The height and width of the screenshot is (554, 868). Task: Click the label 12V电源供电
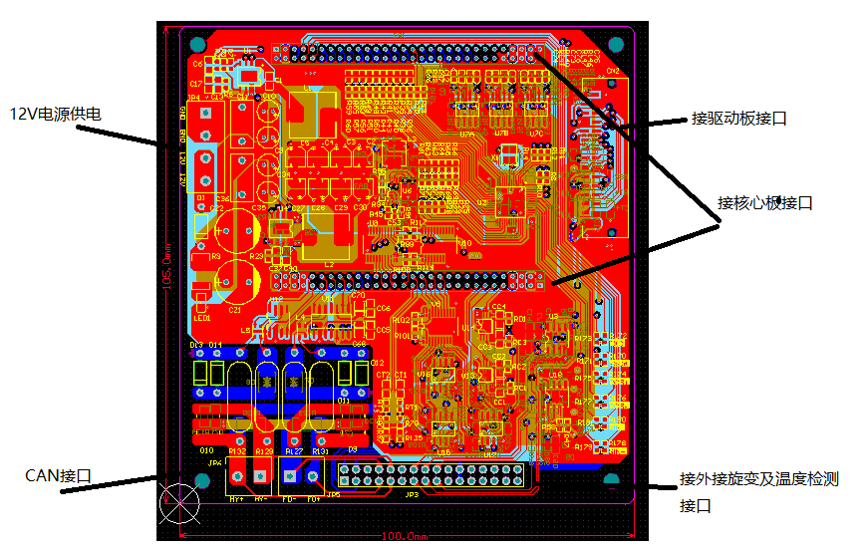pyautogui.click(x=56, y=115)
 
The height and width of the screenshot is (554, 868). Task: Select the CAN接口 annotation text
pyautogui.click(x=59, y=475)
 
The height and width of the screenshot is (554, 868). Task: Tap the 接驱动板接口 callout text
pyautogui.click(x=738, y=119)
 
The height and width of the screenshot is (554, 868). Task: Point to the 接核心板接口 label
pyautogui.click(x=764, y=203)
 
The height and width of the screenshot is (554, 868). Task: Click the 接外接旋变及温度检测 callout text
pyautogui.click(x=758, y=480)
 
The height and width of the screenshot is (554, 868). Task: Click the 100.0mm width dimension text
pyautogui.click(x=404, y=537)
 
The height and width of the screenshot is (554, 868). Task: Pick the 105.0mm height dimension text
pyautogui.click(x=166, y=272)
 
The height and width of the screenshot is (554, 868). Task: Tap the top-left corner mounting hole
pyautogui.click(x=197, y=44)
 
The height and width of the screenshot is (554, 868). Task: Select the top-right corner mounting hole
pyautogui.click(x=616, y=44)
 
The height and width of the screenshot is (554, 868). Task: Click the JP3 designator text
pyautogui.click(x=411, y=495)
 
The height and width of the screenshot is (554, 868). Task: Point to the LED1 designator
pyautogui.click(x=203, y=318)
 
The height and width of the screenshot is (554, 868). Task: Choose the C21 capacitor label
pyautogui.click(x=235, y=310)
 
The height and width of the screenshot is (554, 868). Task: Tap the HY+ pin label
pyautogui.click(x=236, y=497)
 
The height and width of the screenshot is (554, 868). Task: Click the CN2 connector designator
pyautogui.click(x=613, y=71)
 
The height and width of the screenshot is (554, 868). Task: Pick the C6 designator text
pyautogui.click(x=196, y=64)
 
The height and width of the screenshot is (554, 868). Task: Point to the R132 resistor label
pyautogui.click(x=237, y=451)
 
